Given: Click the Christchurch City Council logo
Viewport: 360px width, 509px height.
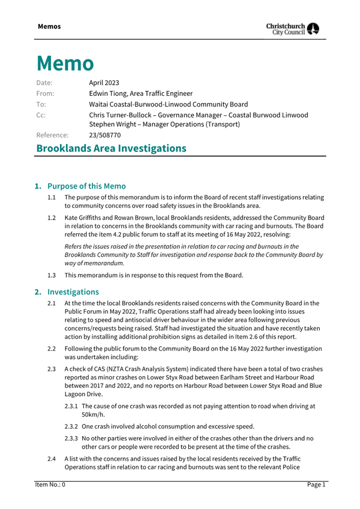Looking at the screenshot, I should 293,29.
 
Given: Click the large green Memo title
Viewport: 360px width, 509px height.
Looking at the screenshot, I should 65,63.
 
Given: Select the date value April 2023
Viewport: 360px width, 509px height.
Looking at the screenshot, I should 104,83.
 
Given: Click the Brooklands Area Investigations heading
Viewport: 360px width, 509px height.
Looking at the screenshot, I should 111,148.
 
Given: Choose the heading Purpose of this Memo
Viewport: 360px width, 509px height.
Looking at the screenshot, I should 86,186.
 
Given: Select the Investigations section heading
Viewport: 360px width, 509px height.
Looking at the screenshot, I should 73,292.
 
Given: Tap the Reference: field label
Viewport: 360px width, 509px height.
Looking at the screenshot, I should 52,135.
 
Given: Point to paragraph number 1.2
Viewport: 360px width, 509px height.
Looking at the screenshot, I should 52,218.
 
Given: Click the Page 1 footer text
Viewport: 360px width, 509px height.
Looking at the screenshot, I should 316,484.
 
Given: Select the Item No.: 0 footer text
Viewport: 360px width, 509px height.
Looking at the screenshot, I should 50,484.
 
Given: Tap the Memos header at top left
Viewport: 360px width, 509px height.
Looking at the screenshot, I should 49,27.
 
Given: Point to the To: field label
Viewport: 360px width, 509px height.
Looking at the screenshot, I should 41,104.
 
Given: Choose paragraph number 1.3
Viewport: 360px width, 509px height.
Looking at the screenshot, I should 52,275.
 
